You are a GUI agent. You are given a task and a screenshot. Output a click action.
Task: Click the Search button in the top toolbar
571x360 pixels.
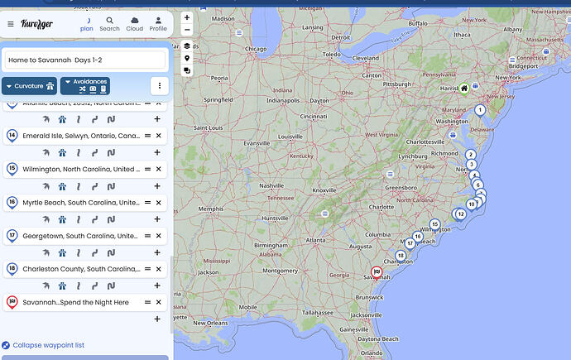(109, 23)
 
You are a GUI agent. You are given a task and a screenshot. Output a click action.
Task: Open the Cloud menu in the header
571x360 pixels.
(134, 23)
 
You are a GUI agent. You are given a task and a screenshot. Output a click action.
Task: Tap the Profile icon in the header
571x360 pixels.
(158, 23)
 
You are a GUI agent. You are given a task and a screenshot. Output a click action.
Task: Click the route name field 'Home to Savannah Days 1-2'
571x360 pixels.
(85, 60)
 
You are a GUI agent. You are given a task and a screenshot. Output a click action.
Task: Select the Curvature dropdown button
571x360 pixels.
(29, 85)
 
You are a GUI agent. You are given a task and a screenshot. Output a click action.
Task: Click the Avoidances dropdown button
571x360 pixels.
(84, 85)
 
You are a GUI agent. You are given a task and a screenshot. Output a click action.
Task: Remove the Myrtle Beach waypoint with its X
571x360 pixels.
(159, 202)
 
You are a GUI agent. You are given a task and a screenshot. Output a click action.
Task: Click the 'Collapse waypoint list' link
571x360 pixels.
(48, 345)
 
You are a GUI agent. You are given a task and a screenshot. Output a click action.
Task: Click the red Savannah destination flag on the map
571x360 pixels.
(377, 272)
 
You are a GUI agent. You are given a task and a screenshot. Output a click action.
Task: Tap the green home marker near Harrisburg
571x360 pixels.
(464, 89)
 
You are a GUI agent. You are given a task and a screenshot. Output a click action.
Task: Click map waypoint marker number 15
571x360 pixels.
(434, 224)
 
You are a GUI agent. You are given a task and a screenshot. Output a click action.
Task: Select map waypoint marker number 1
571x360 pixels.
(479, 110)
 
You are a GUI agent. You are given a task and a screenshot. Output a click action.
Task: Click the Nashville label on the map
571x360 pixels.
(271, 185)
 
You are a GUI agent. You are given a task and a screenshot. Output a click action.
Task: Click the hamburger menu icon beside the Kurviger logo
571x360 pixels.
(11, 24)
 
